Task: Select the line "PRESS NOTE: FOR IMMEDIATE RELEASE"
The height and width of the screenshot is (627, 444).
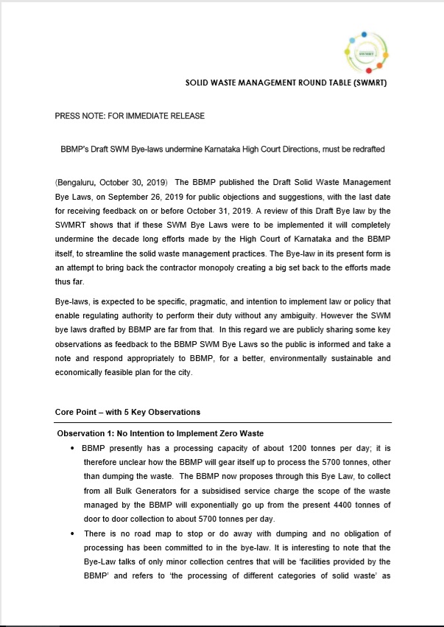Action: click(x=130, y=116)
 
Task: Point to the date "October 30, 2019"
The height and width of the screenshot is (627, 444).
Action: click(x=132, y=181)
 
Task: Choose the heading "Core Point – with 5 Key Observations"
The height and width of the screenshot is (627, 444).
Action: click(x=127, y=411)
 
